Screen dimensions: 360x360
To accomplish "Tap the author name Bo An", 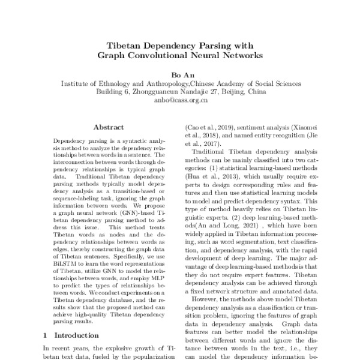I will (180, 74).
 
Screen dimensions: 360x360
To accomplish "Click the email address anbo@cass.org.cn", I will (180, 101).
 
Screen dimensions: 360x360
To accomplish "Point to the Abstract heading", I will (109, 127).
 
